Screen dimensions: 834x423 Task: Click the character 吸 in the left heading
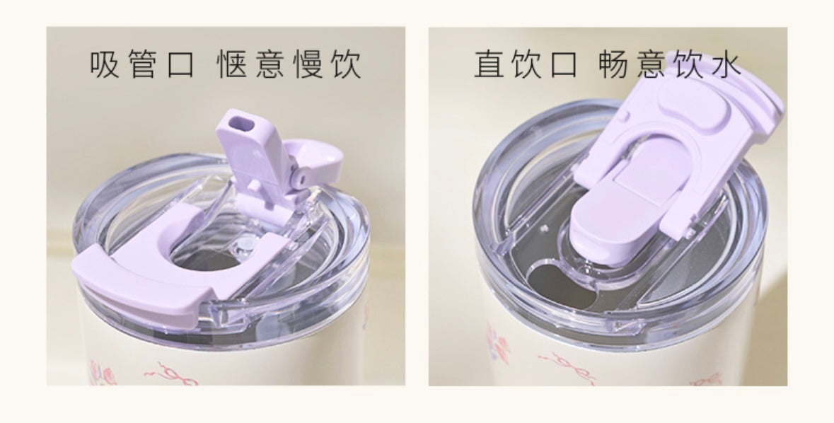pos(104,65)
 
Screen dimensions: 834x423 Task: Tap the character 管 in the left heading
pos(143,65)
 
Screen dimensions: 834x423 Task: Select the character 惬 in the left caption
pos(232,65)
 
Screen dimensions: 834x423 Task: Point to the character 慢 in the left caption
pos(308,65)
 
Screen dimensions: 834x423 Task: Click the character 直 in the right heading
pos(490,65)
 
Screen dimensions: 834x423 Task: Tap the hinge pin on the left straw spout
pos(303,179)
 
